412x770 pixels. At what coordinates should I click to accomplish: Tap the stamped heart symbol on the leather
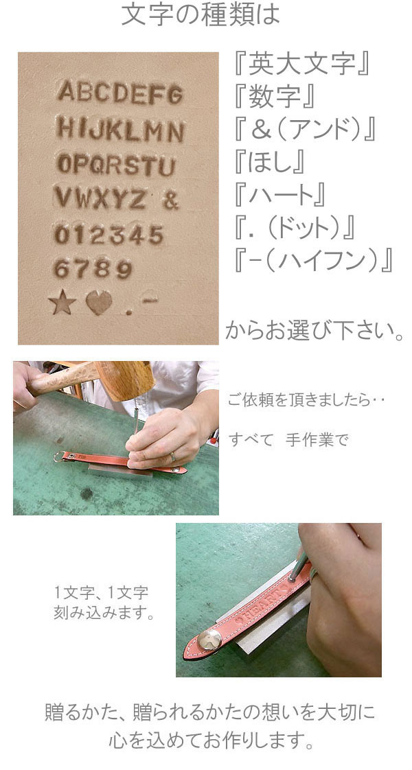point(99,303)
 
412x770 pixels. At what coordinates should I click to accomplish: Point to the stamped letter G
point(175,95)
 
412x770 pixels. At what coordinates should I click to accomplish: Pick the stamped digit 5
point(156,235)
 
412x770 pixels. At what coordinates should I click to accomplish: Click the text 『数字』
point(275,97)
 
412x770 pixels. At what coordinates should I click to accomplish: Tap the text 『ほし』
point(270,163)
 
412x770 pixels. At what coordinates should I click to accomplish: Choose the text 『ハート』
point(280,195)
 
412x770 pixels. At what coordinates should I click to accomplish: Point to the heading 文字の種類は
point(201,15)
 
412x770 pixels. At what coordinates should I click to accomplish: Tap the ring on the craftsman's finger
point(173,457)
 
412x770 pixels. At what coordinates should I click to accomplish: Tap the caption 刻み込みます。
point(103,614)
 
